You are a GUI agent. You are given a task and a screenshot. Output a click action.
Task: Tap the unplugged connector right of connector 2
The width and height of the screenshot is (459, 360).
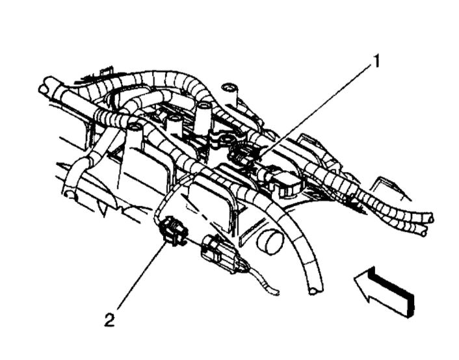218,253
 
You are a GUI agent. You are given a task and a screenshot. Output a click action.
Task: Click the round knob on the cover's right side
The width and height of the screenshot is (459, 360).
270,244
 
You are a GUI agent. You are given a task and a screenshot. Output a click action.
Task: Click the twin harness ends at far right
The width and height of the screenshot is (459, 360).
425,224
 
